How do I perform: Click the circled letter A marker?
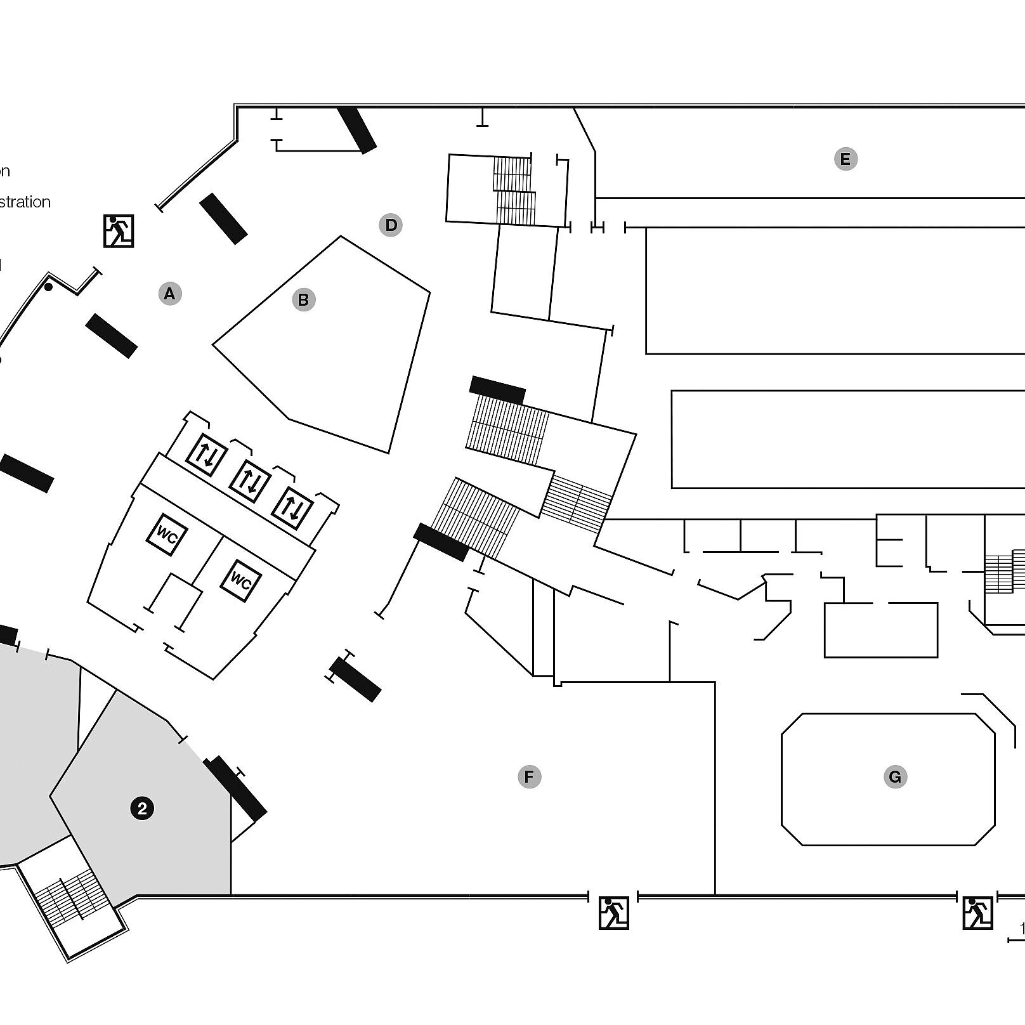coord(169,294)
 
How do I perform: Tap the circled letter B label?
coord(304,299)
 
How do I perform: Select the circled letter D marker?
coord(391,225)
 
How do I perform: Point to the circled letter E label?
coord(845,159)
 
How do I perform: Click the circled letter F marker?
coord(529,776)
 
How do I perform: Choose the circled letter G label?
coord(895,776)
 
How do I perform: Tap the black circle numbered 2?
coord(142,808)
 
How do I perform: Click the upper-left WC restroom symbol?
coord(167,535)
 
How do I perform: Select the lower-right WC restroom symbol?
coord(240,580)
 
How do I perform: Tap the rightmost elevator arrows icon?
coord(292,508)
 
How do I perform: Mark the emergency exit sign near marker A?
coord(119,231)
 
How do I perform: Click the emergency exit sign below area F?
coord(613,913)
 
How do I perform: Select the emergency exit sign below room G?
coord(977,913)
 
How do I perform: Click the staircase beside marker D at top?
coord(514,190)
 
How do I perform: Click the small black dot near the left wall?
coord(48,287)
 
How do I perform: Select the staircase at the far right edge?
coord(1005,572)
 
